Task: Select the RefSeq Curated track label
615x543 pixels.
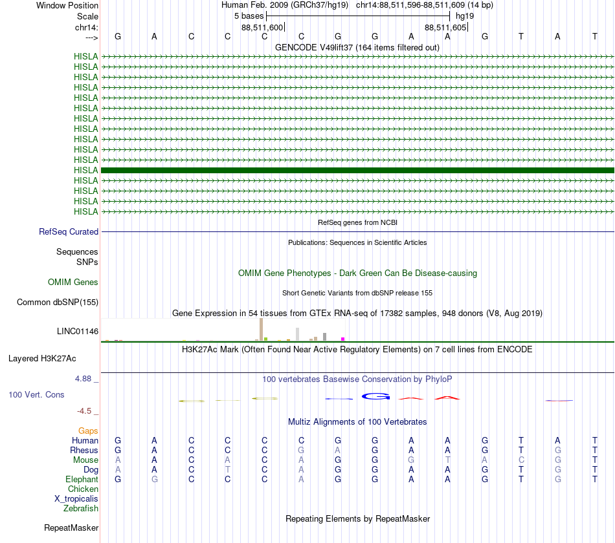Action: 68,232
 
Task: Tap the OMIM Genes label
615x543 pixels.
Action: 73,282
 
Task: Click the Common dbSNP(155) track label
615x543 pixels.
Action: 58,303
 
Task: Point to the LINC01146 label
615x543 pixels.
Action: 78,332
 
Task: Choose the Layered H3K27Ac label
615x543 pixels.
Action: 42,358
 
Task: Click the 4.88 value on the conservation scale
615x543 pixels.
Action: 85,378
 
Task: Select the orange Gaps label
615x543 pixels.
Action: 88,431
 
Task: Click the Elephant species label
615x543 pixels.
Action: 82,480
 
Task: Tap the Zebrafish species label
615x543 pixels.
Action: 81,509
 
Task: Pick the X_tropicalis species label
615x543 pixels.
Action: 76,499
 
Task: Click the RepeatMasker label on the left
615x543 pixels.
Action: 71,528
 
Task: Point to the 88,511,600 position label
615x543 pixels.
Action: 262,28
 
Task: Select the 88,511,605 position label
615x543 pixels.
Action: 445,28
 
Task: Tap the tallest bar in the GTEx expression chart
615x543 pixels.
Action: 261,329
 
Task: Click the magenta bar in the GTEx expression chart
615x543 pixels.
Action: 343,339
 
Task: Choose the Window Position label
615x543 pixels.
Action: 67,5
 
